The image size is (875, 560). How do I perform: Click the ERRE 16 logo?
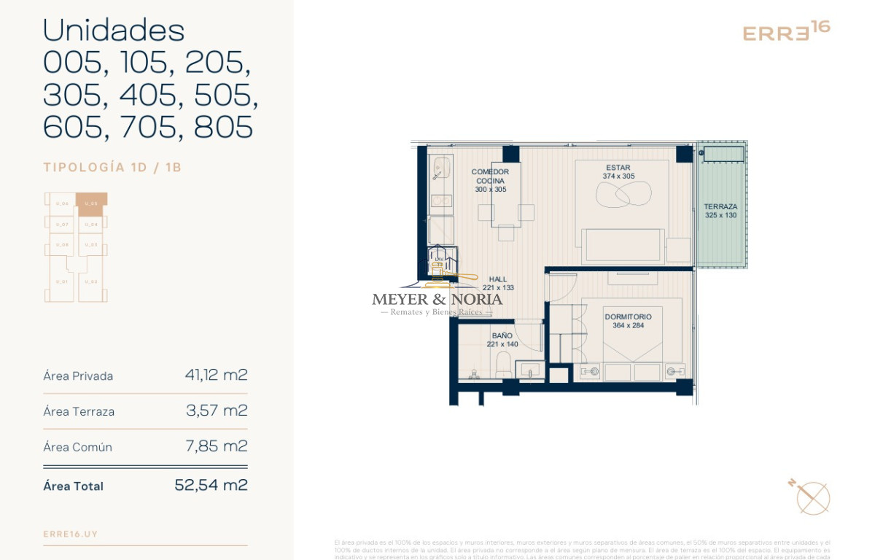785,31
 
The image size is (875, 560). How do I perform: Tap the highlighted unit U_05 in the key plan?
92,203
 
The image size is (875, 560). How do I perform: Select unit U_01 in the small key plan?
62,281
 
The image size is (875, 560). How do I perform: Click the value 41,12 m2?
216,376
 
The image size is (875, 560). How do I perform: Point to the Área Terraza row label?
79,411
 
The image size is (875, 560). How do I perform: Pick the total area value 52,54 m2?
211,485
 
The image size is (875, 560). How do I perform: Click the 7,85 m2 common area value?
217,446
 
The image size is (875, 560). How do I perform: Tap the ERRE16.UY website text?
71,534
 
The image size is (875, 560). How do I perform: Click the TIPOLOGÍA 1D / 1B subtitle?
112,168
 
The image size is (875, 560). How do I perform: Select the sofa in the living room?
623,246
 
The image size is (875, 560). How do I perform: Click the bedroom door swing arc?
562,286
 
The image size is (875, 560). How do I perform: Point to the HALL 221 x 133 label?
498,283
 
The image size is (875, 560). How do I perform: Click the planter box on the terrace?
722,154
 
